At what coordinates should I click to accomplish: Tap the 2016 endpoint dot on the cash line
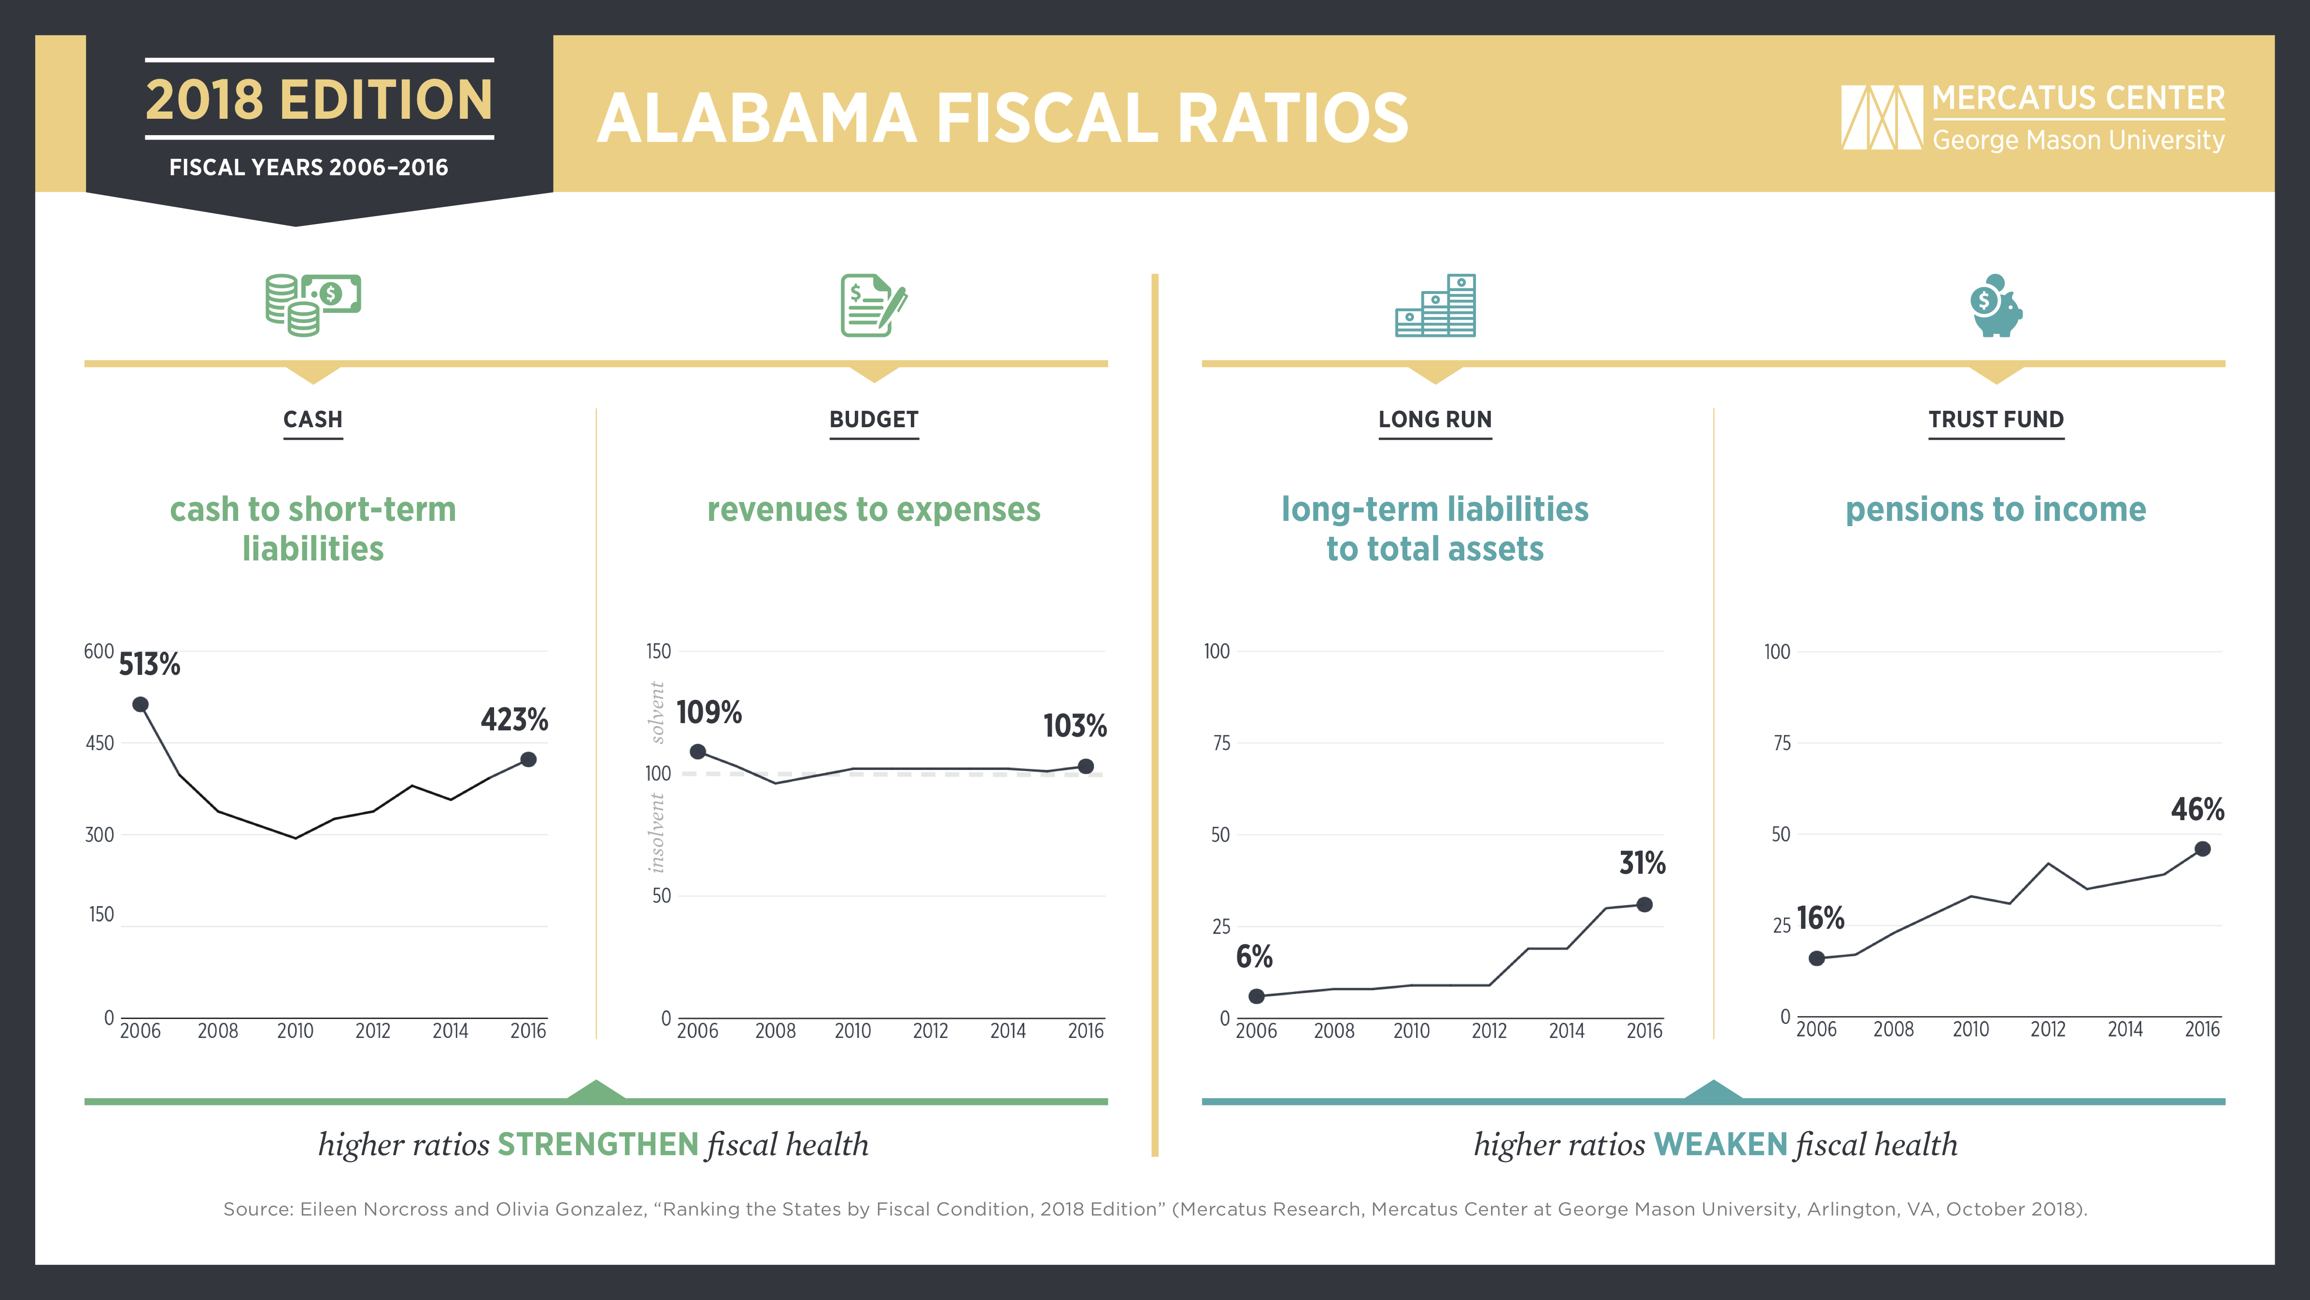(528, 759)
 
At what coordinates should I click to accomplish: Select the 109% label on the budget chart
(709, 713)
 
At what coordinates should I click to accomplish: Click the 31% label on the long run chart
(1642, 864)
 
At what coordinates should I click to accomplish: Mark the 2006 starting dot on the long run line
(1256, 996)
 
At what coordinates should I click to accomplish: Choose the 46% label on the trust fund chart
(2197, 810)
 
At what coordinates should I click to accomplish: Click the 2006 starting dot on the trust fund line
(1817, 958)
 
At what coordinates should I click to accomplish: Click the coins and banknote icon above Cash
(313, 305)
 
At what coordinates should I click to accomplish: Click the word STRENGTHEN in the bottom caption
(598, 1144)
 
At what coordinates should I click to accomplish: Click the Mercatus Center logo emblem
(1881, 117)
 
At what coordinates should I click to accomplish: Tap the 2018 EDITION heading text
(319, 99)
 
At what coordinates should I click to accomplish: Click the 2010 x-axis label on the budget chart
(852, 1031)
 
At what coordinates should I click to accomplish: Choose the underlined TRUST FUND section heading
(1996, 419)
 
